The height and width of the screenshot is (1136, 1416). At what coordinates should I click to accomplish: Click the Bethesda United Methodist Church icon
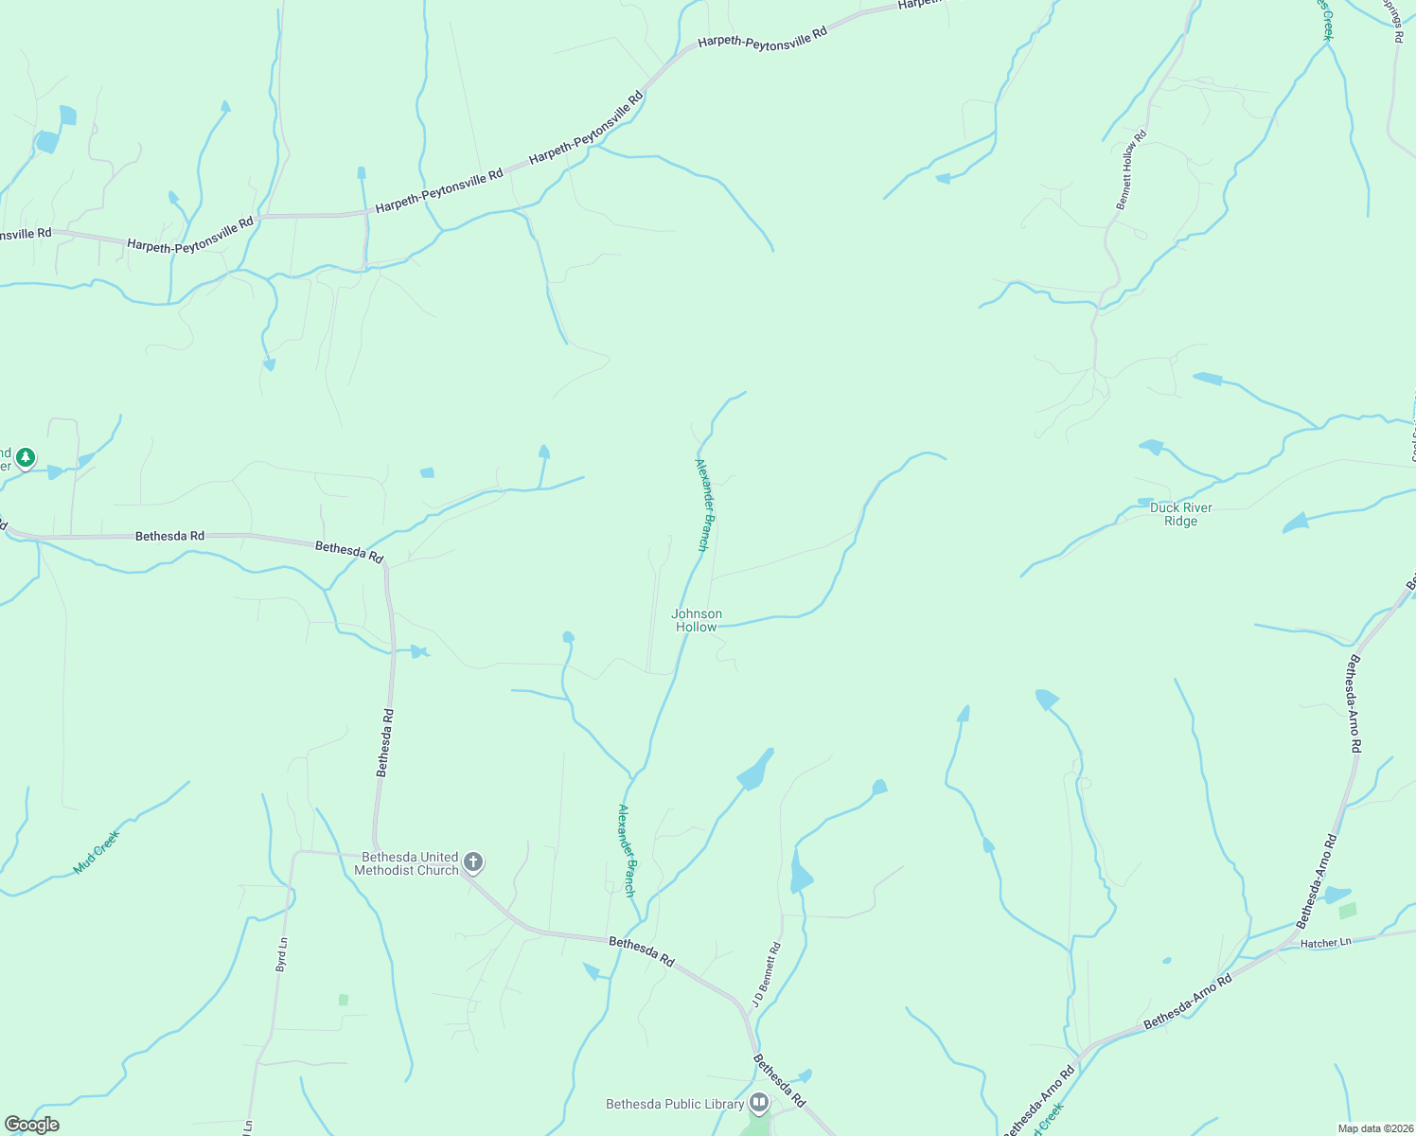click(x=474, y=862)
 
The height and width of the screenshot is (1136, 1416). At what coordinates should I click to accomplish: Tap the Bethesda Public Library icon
click(x=759, y=1103)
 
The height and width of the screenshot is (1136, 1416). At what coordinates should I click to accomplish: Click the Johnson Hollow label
click(x=697, y=620)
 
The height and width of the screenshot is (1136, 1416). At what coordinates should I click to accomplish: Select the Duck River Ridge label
click(x=1180, y=514)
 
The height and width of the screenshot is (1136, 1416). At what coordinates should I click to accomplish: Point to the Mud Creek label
click(x=97, y=852)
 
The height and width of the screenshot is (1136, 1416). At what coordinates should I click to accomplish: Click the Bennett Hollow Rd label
click(x=1131, y=169)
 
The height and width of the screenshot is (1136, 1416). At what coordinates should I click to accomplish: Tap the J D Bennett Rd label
click(x=766, y=973)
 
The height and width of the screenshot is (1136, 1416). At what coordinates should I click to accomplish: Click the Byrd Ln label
click(x=281, y=954)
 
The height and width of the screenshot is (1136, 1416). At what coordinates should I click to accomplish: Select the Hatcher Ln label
click(x=1325, y=942)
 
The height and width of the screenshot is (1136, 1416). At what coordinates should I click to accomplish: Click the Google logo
click(x=31, y=1125)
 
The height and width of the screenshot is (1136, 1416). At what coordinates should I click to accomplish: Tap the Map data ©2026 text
click(x=1374, y=1128)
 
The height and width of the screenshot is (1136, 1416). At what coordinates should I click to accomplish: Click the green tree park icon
click(x=26, y=459)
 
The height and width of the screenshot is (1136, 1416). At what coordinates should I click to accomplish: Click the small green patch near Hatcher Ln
click(x=1348, y=911)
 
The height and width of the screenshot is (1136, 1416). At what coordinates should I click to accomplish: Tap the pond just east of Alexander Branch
click(x=754, y=771)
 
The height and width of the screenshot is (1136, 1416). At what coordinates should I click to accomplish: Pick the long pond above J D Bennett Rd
click(x=800, y=873)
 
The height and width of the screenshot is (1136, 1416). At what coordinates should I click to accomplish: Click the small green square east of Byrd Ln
click(x=344, y=1000)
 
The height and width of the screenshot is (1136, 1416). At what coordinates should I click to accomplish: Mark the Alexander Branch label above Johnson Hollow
click(x=702, y=505)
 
